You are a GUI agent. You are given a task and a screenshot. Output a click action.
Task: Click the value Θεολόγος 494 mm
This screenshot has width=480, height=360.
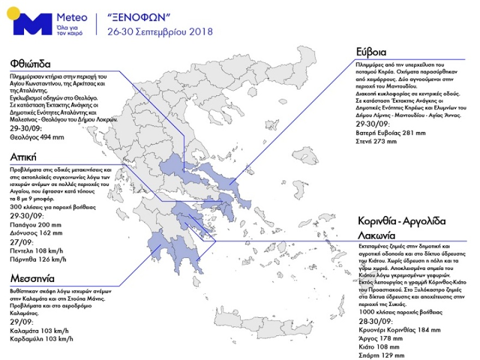[x=37, y=137]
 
